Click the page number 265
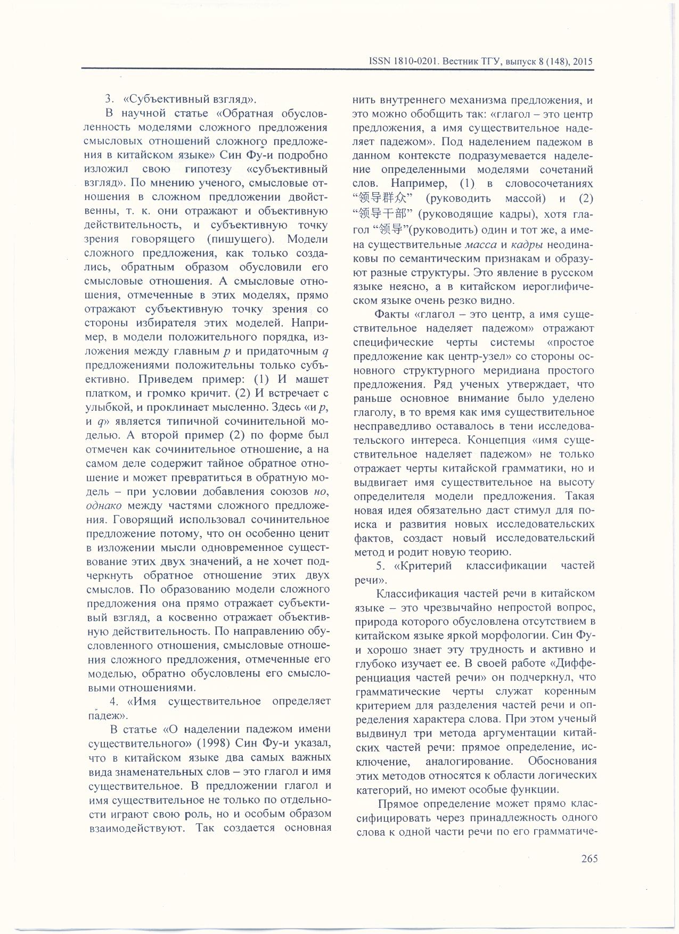tap(586, 858)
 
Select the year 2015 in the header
tap(582, 62)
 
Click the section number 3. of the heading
tap(110, 99)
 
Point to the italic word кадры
tap(527, 245)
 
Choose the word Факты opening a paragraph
tap(392, 315)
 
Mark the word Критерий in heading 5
tap(428, 566)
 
